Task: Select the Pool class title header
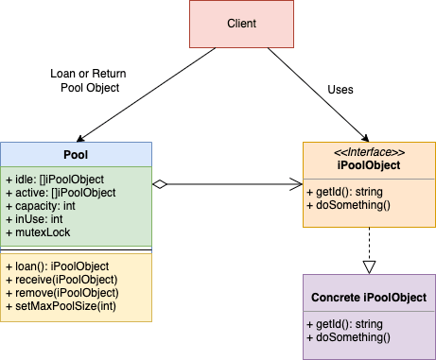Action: [x=76, y=154]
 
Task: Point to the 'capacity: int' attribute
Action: [x=44, y=205]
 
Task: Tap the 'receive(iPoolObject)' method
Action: [x=61, y=280]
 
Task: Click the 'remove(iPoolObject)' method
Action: [x=62, y=293]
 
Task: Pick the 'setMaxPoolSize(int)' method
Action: [x=62, y=306]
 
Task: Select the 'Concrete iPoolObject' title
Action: [x=368, y=298]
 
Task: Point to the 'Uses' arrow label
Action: [x=340, y=91]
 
